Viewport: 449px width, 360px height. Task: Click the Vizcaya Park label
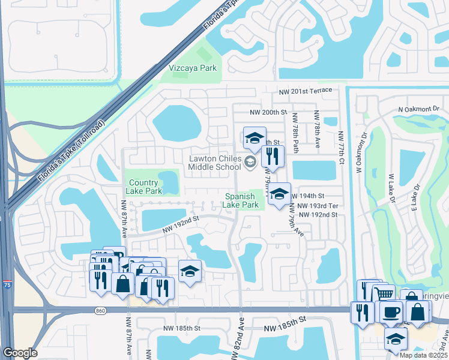pyautogui.click(x=193, y=68)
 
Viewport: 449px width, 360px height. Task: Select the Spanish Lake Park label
pyautogui.click(x=242, y=200)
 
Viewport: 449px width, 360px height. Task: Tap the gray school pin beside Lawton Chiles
pyautogui.click(x=250, y=161)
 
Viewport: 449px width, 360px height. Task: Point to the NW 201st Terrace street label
pyautogui.click(x=306, y=90)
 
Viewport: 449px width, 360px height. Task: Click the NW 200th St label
pyautogui.click(x=269, y=112)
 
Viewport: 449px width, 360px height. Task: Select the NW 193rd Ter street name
pyautogui.click(x=317, y=206)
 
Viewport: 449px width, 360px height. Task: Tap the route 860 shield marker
pyautogui.click(x=100, y=310)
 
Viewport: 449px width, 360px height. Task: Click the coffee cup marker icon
pyautogui.click(x=391, y=312)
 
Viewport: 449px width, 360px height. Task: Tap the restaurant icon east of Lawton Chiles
pyautogui.click(x=273, y=157)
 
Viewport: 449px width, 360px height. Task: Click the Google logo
pyautogui.click(x=20, y=353)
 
